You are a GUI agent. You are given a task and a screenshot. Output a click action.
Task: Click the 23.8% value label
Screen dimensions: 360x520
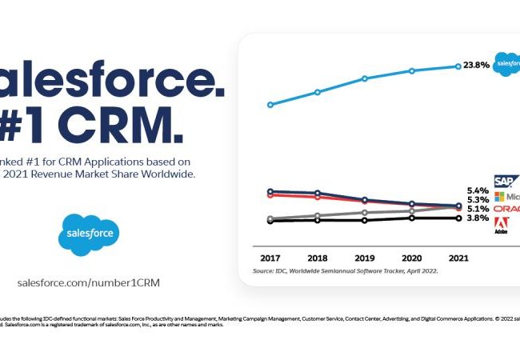(x=476, y=66)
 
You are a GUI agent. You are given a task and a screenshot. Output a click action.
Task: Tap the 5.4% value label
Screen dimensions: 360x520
(x=477, y=191)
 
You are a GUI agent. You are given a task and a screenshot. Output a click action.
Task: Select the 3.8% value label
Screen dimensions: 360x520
(x=477, y=218)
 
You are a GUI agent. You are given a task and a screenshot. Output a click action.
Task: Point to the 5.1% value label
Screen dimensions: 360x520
(x=477, y=209)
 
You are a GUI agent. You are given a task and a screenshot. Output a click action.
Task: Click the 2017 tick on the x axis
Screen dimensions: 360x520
(x=270, y=259)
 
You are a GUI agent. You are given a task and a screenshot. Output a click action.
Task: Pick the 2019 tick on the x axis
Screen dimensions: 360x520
(x=365, y=259)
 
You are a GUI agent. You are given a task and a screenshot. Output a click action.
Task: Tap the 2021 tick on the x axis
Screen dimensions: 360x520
(x=458, y=259)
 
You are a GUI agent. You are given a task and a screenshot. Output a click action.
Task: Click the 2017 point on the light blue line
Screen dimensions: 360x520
(x=270, y=104)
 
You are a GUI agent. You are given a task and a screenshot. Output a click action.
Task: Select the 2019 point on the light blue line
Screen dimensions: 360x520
(x=365, y=78)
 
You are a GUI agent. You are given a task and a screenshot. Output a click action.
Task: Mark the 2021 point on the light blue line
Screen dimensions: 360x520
(x=458, y=66)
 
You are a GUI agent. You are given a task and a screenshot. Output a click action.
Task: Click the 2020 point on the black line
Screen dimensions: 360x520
(x=412, y=218)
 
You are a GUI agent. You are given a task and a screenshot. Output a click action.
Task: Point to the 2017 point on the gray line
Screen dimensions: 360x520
(x=270, y=218)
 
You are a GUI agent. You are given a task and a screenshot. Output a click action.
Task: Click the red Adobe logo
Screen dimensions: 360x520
(x=502, y=224)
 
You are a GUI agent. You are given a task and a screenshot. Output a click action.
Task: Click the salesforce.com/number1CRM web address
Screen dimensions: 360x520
(x=94, y=282)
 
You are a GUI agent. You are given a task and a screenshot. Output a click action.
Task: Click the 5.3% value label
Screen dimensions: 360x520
(x=477, y=200)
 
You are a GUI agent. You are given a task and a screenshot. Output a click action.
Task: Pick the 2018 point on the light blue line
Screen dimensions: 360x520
(x=318, y=92)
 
